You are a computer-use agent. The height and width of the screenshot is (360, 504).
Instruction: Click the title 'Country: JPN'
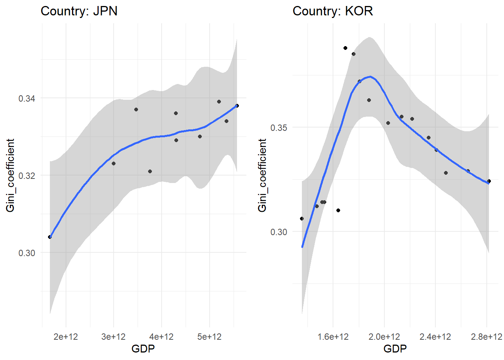coord(79,11)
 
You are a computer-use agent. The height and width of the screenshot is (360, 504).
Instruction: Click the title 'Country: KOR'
coord(333,11)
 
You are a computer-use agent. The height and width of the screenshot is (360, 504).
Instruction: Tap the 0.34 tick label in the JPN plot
coord(27,99)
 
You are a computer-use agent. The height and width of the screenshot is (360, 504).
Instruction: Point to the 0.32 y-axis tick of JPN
coord(27,175)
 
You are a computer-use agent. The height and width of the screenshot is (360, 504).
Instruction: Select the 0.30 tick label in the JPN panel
coord(27,253)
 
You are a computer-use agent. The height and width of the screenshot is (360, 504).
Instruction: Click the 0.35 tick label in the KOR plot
coord(279,127)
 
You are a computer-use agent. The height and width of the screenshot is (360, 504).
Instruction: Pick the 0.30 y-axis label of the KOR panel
coord(279,232)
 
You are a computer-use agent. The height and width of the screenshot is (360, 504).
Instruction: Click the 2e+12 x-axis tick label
coord(66,337)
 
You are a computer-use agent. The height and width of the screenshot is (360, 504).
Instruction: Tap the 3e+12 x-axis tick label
coord(114,337)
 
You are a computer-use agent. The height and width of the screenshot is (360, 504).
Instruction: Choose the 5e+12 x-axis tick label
coord(209,337)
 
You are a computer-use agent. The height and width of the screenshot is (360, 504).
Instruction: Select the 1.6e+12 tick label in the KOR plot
coord(333,337)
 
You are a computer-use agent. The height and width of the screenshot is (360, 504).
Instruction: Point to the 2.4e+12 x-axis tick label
coord(435,337)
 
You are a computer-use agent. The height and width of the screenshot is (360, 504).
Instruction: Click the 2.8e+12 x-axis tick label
coord(486,337)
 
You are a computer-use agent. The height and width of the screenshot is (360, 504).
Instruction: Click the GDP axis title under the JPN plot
coord(143,349)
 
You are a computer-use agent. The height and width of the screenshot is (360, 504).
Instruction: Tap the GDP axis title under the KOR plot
coord(395,349)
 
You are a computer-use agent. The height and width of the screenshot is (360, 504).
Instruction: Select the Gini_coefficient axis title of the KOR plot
coord(262,175)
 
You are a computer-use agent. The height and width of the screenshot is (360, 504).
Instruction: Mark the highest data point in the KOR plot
coord(345,48)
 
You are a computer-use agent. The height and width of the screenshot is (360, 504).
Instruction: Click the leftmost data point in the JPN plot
coord(50,237)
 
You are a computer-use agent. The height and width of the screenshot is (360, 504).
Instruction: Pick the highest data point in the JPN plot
coord(219,102)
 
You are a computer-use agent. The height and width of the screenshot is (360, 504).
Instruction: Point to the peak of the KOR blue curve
coord(370,76)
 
